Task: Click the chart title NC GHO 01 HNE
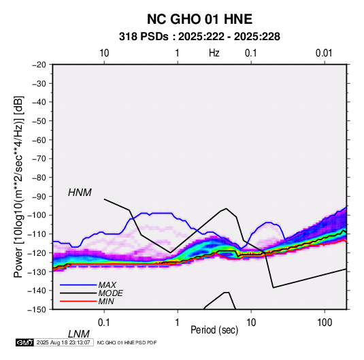[199, 19]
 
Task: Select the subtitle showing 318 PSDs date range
[199, 37]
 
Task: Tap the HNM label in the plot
[80, 193]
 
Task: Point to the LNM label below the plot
[79, 334]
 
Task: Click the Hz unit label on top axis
[214, 53]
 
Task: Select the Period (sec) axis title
[214, 330]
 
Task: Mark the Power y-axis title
[18, 186]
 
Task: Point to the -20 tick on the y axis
[39, 65]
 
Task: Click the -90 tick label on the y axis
[39, 196]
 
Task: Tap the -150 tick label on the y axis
[37, 310]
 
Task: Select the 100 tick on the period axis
[325, 323]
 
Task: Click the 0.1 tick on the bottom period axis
[104, 323]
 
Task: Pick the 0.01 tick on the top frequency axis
[324, 53]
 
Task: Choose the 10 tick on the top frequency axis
[104, 53]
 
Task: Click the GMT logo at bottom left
[24, 342]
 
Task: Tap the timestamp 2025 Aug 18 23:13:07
[63, 342]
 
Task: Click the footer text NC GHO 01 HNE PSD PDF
[127, 342]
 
